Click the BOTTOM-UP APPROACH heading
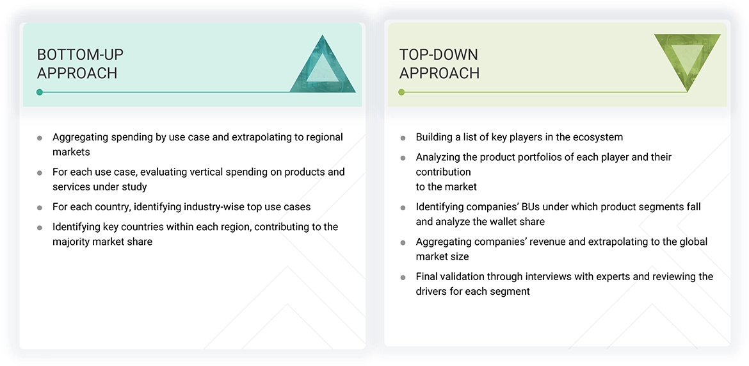pyautogui.click(x=80, y=63)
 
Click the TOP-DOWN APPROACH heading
pyautogui.click(x=439, y=63)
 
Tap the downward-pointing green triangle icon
pyautogui.click(x=687, y=59)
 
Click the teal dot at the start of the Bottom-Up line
pyautogui.click(x=40, y=92)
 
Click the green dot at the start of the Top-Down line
pyautogui.click(x=401, y=92)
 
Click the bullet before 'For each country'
pyautogui.click(x=40, y=208)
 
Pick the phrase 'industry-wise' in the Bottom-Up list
pyautogui.click(x=213, y=207)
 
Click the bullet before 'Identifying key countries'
pyautogui.click(x=40, y=228)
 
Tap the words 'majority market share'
pyautogui.click(x=102, y=242)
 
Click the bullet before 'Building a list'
pyautogui.click(x=403, y=138)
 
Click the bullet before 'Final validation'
pyautogui.click(x=403, y=278)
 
